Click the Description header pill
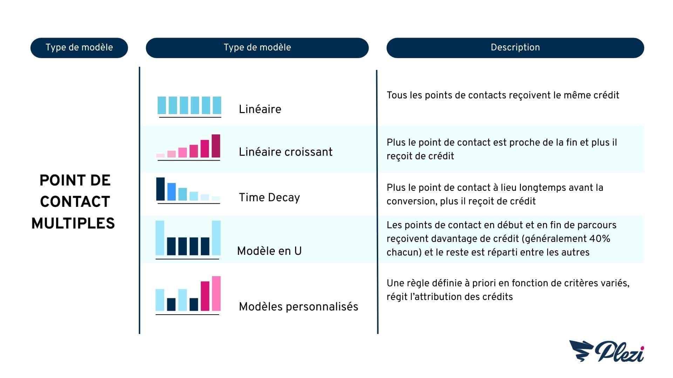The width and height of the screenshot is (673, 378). [x=515, y=48]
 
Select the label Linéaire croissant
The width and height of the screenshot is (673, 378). [x=286, y=152]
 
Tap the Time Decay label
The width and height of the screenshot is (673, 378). [x=269, y=197]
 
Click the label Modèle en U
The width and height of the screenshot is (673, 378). [x=269, y=251]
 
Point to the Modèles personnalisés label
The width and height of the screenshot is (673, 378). [x=299, y=307]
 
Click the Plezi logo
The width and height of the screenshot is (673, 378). [x=606, y=351]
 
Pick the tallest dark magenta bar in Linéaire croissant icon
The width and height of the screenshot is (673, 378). [x=216, y=146]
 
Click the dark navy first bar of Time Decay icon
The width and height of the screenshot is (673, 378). [x=160, y=189]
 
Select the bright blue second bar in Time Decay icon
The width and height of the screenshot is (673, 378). [x=171, y=192]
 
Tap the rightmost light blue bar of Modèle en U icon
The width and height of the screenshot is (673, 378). [x=216, y=238]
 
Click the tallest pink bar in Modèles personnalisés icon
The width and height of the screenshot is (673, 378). [x=216, y=294]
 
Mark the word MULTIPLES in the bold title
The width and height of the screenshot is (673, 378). [x=73, y=223]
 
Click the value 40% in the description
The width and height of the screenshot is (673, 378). [x=600, y=239]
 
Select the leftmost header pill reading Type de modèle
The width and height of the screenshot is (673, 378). [x=79, y=48]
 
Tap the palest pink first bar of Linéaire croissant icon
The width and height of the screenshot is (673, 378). [x=160, y=155]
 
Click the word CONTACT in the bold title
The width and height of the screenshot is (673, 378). [x=75, y=202]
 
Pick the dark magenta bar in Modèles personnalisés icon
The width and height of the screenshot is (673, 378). [x=205, y=296]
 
